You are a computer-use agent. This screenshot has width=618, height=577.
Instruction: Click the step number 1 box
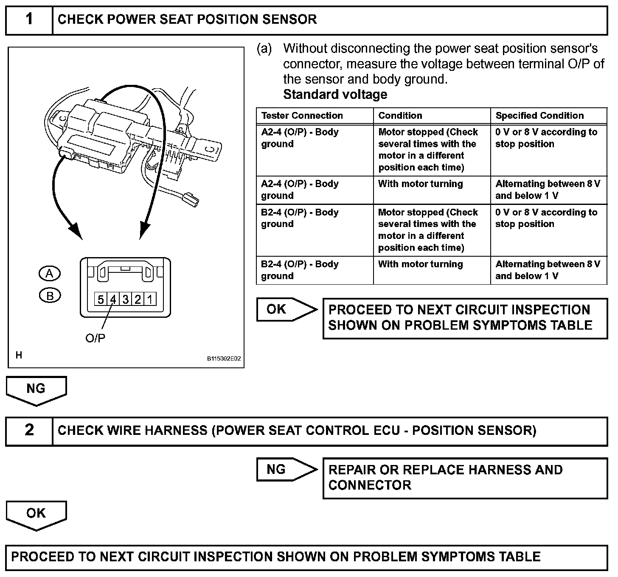tap(29, 20)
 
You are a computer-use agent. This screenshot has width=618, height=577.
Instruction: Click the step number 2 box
tap(29, 431)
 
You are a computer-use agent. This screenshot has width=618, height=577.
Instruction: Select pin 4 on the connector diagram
tap(113, 300)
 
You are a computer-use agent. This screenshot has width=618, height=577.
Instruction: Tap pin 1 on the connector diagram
tap(150, 300)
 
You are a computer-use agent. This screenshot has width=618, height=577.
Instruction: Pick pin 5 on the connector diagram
tap(101, 300)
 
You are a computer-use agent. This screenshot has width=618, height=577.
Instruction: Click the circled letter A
tap(50, 274)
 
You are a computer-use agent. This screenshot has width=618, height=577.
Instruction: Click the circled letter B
tap(50, 296)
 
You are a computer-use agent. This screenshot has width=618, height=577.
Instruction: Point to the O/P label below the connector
tap(96, 338)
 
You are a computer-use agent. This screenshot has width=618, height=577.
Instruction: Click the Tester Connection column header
tap(302, 116)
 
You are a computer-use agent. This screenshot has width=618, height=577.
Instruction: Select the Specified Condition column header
tap(539, 116)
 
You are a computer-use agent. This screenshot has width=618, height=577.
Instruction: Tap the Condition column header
tap(400, 116)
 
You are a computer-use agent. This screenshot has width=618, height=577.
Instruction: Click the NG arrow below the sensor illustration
tap(36, 390)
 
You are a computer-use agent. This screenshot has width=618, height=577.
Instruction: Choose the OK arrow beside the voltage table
tap(286, 309)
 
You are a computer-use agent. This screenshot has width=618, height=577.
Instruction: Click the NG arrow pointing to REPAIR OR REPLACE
tap(286, 469)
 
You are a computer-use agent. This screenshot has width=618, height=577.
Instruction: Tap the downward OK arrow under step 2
tap(36, 514)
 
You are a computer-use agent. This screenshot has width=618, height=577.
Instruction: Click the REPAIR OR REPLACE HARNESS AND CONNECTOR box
tap(465, 478)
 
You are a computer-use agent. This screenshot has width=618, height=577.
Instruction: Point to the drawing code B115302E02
tap(224, 359)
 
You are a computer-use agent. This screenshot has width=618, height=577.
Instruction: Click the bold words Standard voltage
tap(335, 94)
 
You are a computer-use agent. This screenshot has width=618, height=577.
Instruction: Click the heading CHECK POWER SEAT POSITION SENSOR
tap(187, 20)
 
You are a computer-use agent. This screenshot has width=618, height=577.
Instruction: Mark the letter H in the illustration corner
tap(19, 356)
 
